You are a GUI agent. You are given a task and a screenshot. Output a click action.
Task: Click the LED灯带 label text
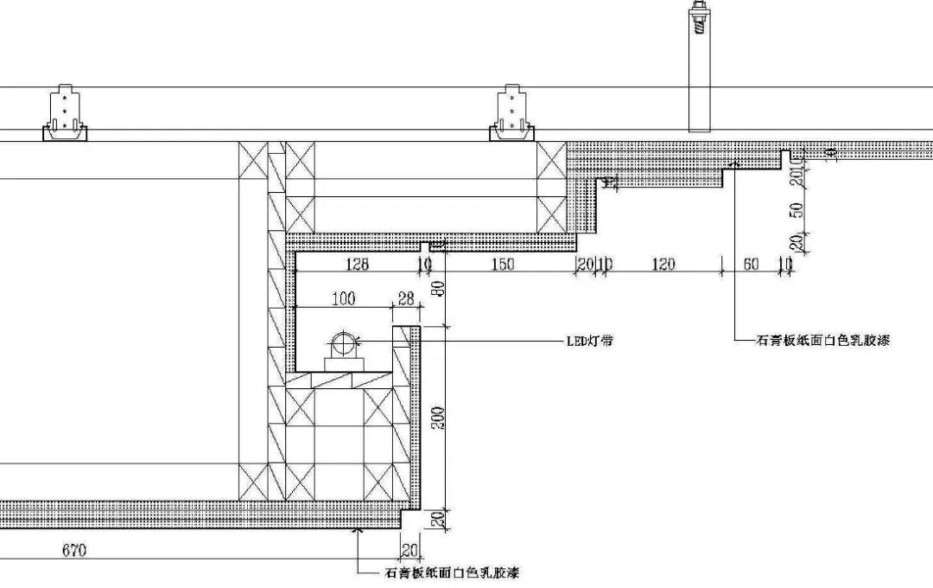tap(590, 341)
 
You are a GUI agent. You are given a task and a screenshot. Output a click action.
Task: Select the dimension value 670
tap(74, 550)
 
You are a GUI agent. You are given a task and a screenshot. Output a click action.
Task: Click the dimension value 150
tap(503, 265)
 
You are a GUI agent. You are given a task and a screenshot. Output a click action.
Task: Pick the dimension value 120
tap(663, 265)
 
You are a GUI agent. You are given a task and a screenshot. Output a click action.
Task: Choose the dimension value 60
tap(752, 265)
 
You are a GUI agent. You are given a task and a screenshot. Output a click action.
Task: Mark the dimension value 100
tap(343, 299)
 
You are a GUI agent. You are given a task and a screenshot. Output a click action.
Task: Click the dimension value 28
tap(404, 299)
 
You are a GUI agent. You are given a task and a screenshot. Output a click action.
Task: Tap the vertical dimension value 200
tap(439, 420)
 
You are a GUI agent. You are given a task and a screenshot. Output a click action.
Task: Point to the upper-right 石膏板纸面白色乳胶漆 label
tap(822, 341)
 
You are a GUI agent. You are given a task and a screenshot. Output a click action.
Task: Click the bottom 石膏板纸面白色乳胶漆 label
tap(450, 572)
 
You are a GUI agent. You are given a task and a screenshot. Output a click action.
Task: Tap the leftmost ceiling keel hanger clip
tap(66, 116)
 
